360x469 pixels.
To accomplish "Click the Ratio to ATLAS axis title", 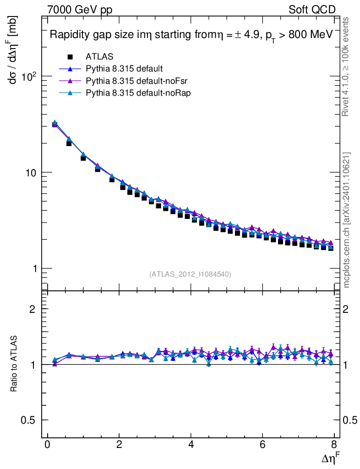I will (14, 364).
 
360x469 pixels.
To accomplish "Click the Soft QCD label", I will (312, 10).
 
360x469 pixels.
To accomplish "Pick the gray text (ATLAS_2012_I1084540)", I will (190, 274).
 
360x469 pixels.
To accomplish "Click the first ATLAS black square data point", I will (55, 125).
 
